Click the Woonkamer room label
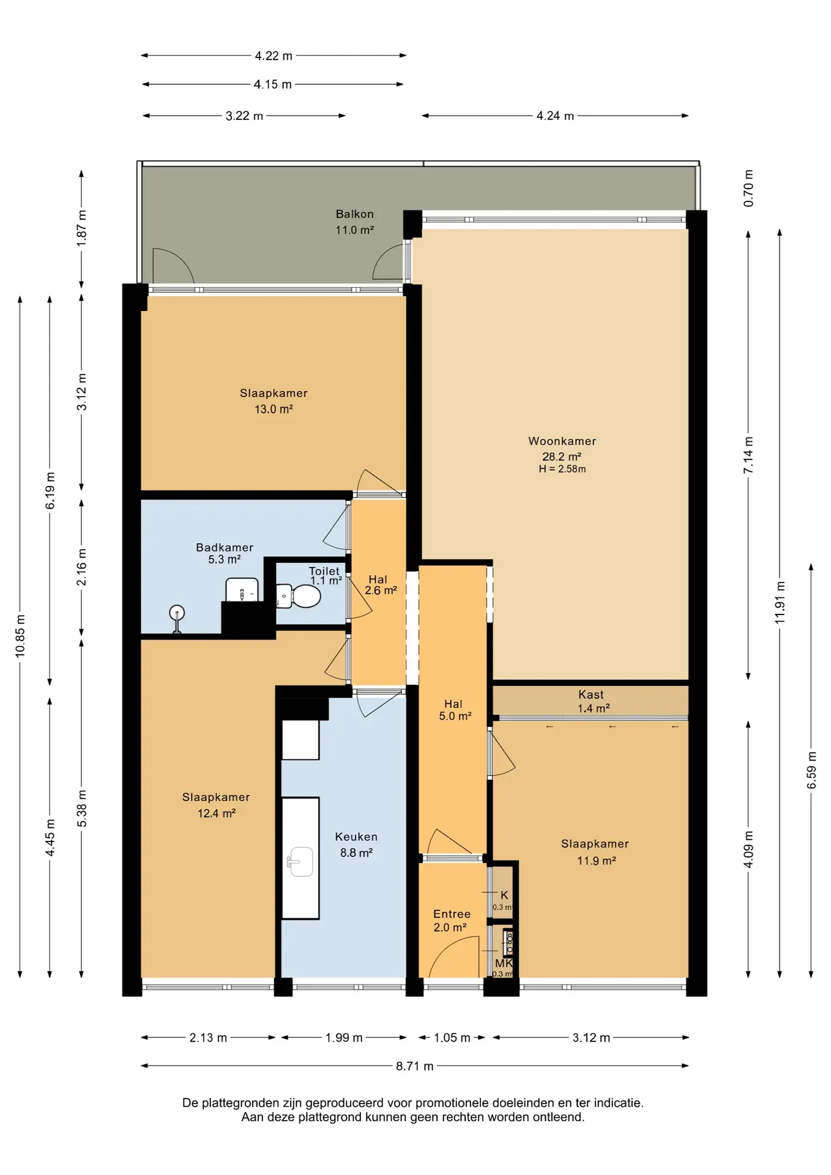[x=562, y=441]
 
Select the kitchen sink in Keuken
[x=300, y=862]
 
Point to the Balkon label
[x=354, y=214]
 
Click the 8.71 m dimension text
[x=415, y=1066]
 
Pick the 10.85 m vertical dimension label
[x=20, y=636]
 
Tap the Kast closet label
[x=591, y=695]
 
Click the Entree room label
[x=452, y=914]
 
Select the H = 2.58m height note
[x=562, y=469]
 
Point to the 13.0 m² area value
[x=274, y=409]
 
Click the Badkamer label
[x=225, y=548]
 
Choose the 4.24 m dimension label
[x=556, y=116]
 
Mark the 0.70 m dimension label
[x=748, y=188]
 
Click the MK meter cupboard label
[x=504, y=963]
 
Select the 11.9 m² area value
[x=597, y=860]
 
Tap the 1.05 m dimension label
[x=452, y=1038]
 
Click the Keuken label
[x=356, y=837]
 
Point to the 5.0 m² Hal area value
[x=455, y=716]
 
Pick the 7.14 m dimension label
[x=748, y=455]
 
